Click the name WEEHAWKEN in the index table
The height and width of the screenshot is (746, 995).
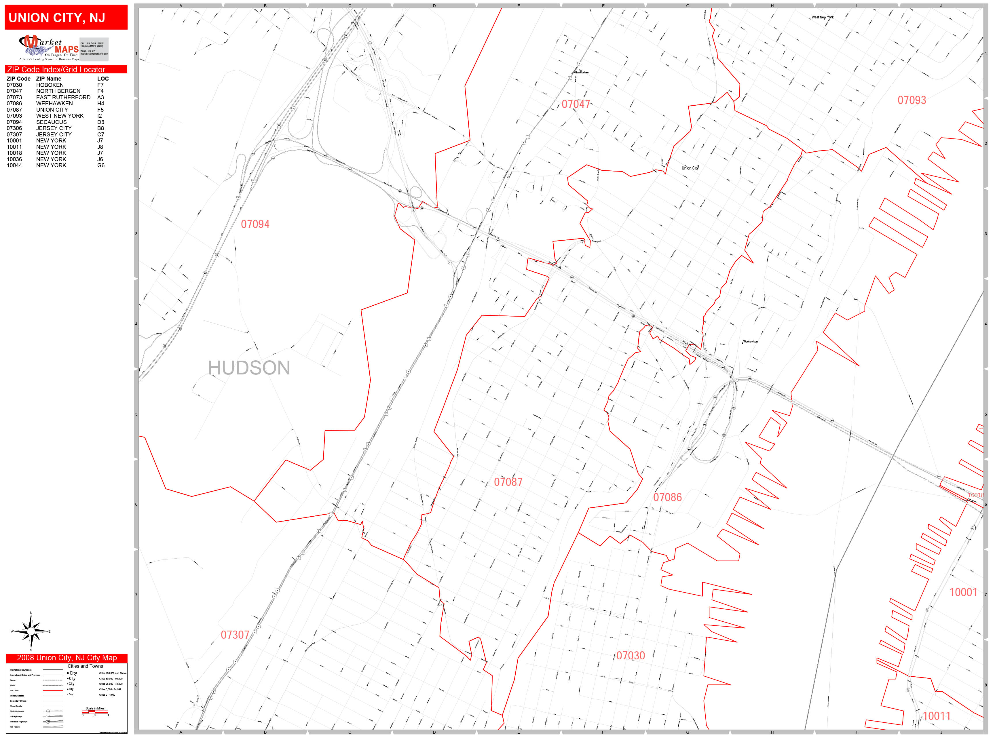[x=54, y=103]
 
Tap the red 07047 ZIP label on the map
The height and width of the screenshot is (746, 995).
[x=575, y=104]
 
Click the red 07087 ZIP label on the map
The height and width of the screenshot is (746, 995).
[x=508, y=482]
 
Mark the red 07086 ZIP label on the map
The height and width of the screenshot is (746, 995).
[x=667, y=497]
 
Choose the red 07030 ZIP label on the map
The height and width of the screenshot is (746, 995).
[x=630, y=656]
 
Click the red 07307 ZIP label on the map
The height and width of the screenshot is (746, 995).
[x=234, y=635]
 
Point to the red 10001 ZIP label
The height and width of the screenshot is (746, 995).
[x=963, y=592]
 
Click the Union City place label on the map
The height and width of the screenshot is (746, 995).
[x=690, y=168]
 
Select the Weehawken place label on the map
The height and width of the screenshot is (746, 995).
[x=750, y=342]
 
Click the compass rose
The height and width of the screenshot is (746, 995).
[x=31, y=632]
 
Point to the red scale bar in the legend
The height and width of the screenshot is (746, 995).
[x=95, y=712]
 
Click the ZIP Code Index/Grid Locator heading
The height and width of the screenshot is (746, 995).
[x=56, y=70]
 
